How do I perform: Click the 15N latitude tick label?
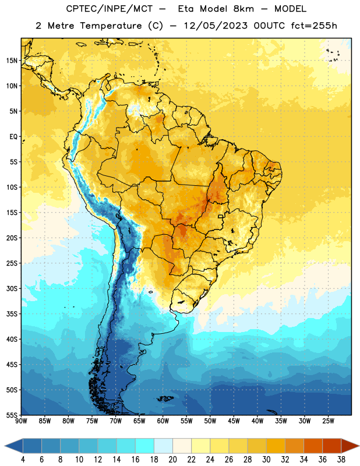point(12,61)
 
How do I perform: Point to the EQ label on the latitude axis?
point(13,137)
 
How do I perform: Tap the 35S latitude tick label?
point(12,314)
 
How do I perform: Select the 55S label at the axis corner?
point(12,415)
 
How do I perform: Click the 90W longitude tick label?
point(21,421)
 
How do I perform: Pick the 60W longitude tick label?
point(163,421)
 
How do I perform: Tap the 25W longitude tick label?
point(328,421)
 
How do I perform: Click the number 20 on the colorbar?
point(172,460)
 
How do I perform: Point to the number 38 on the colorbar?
point(341,460)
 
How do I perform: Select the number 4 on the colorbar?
point(23,460)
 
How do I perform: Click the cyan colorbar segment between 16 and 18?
point(145,446)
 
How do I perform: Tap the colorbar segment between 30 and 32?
point(276,446)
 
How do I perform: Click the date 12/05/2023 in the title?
point(216,26)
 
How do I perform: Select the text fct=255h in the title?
point(314,26)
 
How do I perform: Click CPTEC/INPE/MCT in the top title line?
point(110,9)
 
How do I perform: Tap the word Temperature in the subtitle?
point(111,26)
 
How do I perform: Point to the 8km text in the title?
point(243,9)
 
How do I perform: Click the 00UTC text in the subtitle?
point(269,26)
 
